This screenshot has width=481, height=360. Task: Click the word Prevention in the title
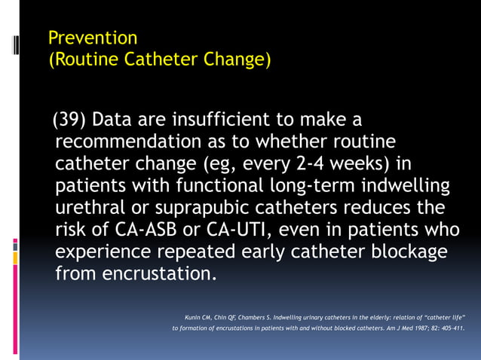point(92,38)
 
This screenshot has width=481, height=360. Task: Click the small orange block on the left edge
point(15,257)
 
